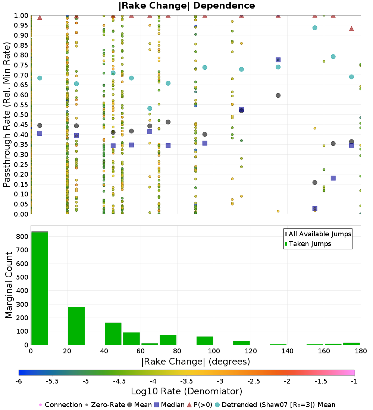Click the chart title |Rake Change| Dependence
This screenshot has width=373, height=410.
[x=186, y=6]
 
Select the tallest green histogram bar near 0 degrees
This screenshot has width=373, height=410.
[x=40, y=288]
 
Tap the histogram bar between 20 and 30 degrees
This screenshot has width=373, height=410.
[x=76, y=326]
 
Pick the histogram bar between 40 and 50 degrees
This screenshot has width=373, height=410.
[x=113, y=334]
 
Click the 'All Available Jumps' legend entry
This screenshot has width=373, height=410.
[x=318, y=234]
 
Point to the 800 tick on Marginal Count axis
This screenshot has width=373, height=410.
[x=22, y=236]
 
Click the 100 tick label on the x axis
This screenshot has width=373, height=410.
[x=214, y=351]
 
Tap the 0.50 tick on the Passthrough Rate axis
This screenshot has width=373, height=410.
[x=21, y=114]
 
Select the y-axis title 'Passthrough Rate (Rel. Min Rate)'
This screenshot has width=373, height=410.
[x=7, y=114]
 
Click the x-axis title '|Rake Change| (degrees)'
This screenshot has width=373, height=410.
[x=196, y=362]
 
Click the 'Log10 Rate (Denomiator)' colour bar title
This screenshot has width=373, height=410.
[x=186, y=391]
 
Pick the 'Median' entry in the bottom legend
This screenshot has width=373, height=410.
[x=170, y=405]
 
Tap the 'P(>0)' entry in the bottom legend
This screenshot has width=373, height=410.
[x=200, y=405]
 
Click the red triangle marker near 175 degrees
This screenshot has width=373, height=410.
[x=351, y=28]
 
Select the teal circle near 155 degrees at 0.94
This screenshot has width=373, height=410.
[x=315, y=28]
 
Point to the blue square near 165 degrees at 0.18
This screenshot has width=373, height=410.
[x=333, y=178]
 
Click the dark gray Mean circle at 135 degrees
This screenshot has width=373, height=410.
[x=278, y=95]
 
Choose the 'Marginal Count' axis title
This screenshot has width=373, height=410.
[x=9, y=285]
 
